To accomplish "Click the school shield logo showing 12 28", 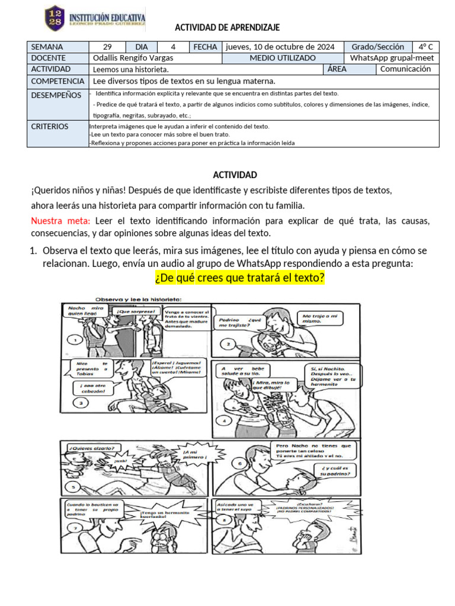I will click(x=56, y=18).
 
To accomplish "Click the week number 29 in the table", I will click(x=107, y=47).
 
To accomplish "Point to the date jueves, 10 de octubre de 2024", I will click(x=280, y=47).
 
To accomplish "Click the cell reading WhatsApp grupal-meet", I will click(x=392, y=58).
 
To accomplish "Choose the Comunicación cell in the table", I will click(x=405, y=69).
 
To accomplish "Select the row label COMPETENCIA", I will click(x=57, y=81).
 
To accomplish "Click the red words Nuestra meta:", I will click(x=60, y=221).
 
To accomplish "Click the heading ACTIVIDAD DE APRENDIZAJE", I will click(x=227, y=28).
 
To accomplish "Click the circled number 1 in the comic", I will click(x=75, y=340).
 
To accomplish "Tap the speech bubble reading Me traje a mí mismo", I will click(x=320, y=318).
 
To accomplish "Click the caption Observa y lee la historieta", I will click(x=135, y=298).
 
